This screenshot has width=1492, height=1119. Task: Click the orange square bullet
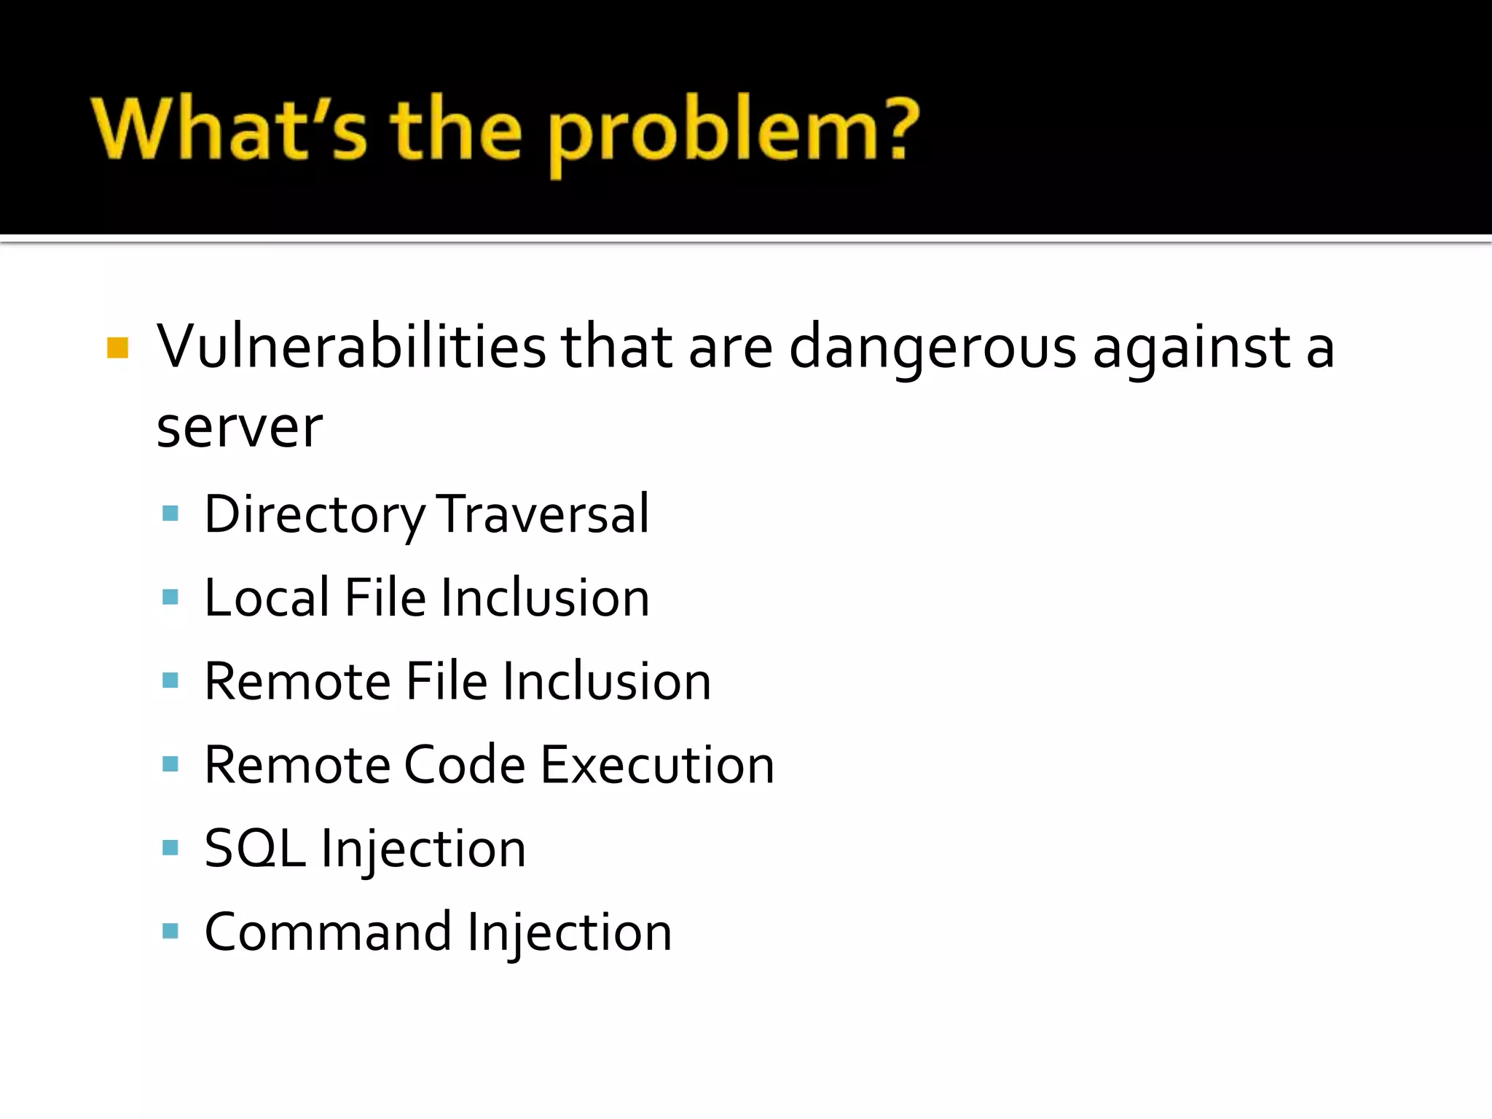point(117,348)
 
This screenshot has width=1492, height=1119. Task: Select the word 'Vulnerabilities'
point(351,347)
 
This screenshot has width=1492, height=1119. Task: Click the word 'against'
point(1192,348)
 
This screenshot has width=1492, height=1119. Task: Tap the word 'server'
point(240,428)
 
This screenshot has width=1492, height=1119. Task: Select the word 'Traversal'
point(543,514)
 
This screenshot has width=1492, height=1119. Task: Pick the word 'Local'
point(267,598)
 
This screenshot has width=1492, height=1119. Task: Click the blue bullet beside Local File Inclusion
point(170,597)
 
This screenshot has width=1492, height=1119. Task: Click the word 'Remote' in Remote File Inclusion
point(298,682)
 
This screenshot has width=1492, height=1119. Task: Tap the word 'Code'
point(464,766)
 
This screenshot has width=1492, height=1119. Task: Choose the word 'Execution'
point(657,766)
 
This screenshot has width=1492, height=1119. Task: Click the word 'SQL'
point(254,849)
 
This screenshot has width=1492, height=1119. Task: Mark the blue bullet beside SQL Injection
point(170,847)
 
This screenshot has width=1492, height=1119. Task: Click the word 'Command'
point(328,932)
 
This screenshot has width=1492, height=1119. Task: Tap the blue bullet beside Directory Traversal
point(170,514)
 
